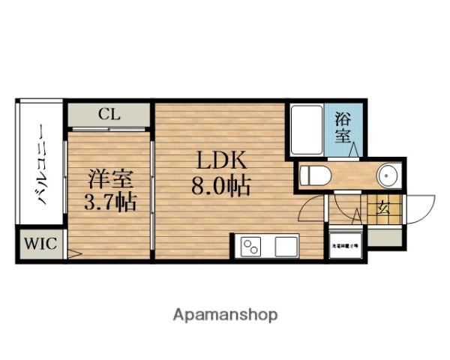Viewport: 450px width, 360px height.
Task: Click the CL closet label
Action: tap(109, 115)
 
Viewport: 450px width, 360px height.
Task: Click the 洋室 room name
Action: tap(109, 179)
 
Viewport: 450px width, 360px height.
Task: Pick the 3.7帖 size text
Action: tap(109, 202)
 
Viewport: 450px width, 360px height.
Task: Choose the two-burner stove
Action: tap(251, 245)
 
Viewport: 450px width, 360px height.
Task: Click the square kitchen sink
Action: tap(286, 245)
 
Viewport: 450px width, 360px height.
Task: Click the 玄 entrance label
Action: tap(383, 206)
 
